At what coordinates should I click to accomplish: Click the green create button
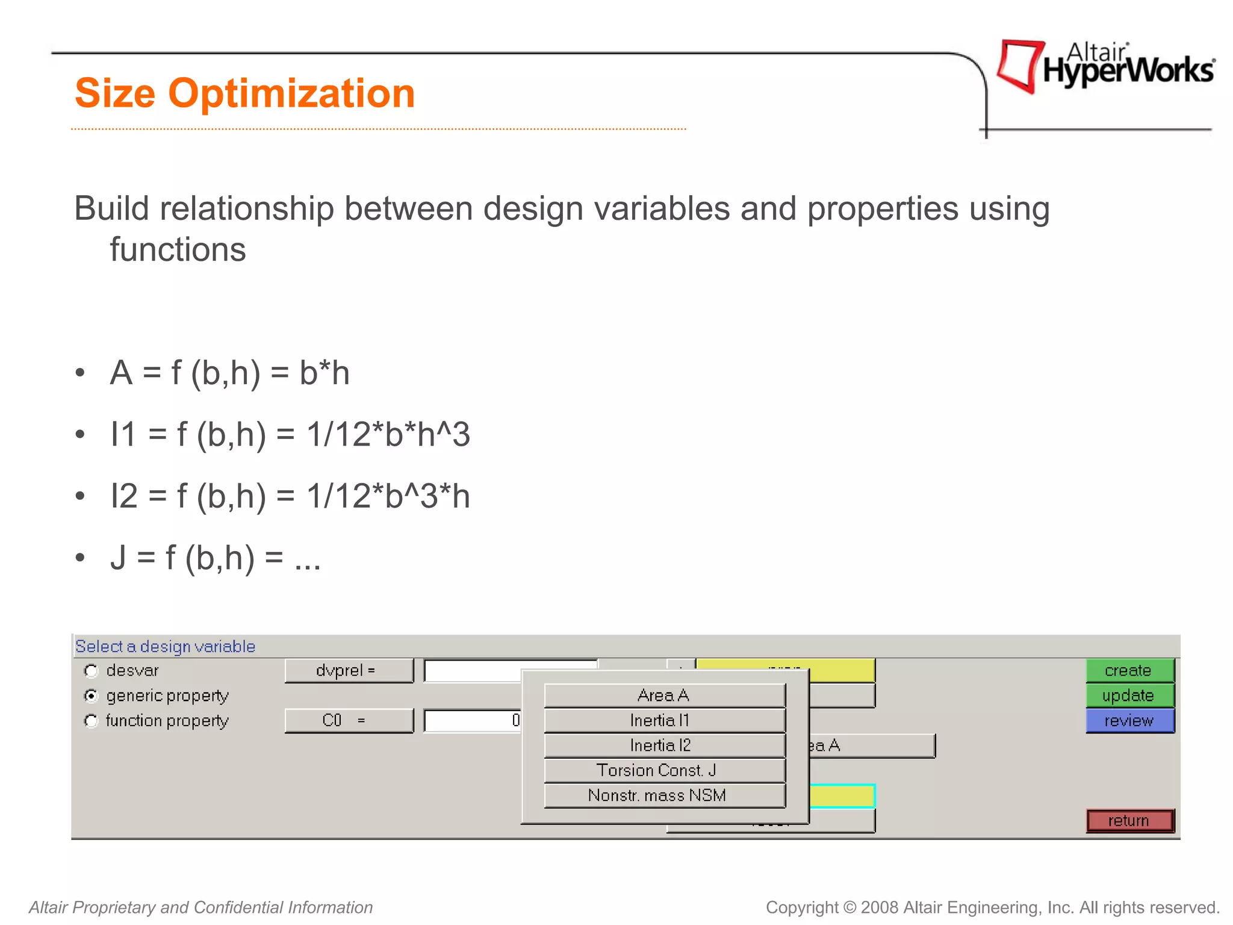click(x=1129, y=670)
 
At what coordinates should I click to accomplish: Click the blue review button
click(x=1129, y=720)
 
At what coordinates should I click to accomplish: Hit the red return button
click(x=1129, y=820)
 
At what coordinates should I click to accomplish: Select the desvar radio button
click(x=92, y=670)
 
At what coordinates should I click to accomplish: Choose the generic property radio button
click(x=92, y=696)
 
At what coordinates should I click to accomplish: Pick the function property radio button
click(x=92, y=721)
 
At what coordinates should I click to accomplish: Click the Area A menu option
click(x=664, y=696)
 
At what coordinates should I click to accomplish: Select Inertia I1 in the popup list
click(x=664, y=720)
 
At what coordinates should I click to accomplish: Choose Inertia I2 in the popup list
click(x=664, y=746)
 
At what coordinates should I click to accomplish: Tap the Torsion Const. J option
click(x=664, y=770)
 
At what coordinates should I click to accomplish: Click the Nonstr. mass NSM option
click(x=664, y=796)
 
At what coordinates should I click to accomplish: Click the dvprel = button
click(x=349, y=670)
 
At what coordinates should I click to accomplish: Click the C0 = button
click(x=349, y=720)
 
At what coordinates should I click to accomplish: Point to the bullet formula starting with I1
click(x=290, y=434)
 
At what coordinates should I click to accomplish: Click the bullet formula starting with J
click(x=215, y=558)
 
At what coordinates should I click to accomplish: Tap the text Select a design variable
click(x=165, y=646)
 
